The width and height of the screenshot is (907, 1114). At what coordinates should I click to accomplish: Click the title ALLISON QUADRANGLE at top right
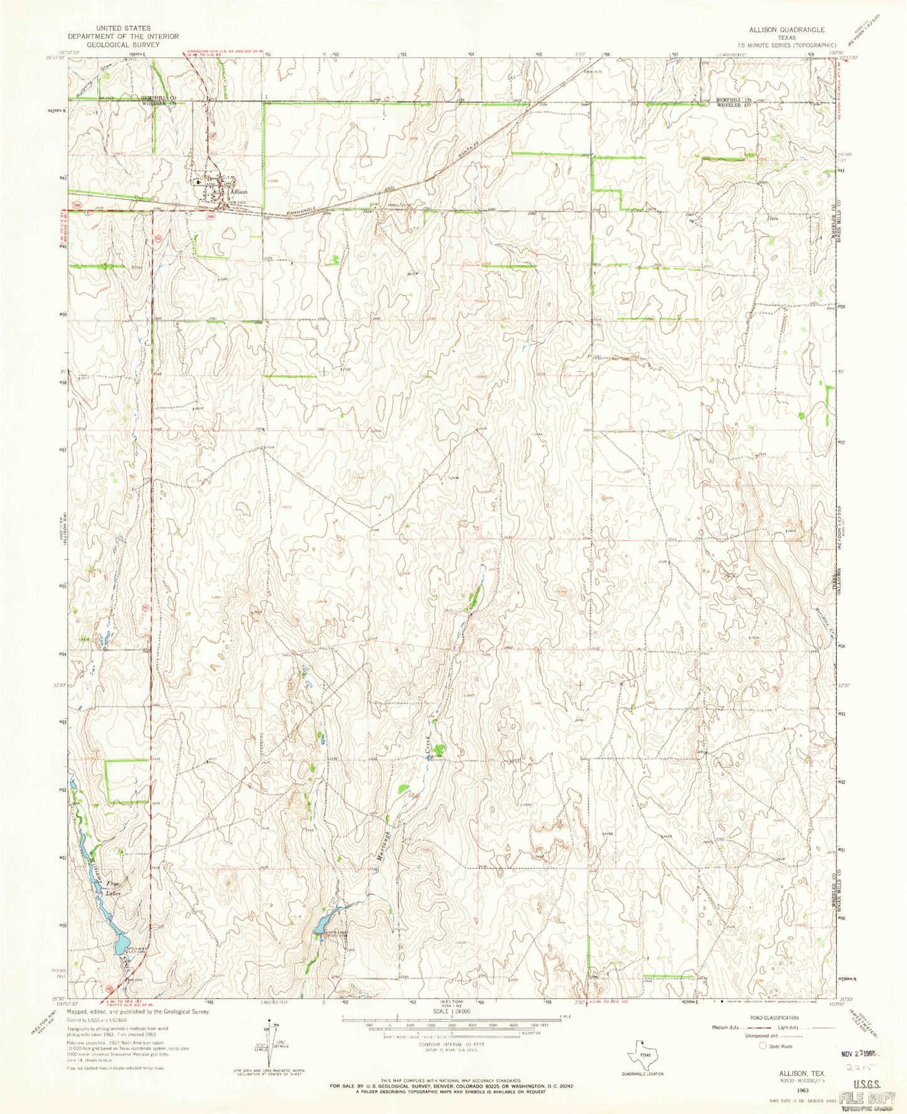click(786, 30)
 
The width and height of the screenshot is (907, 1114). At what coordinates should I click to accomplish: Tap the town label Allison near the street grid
click(239, 192)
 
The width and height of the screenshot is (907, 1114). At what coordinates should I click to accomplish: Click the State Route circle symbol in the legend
click(763, 1046)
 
